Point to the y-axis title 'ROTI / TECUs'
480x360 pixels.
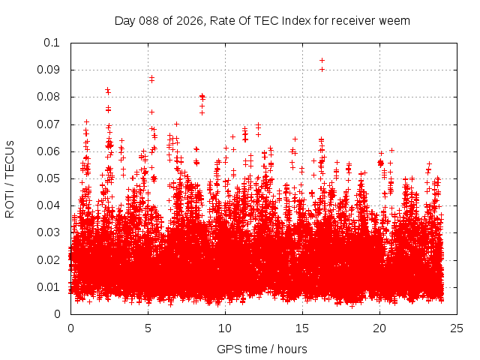pos(10,178)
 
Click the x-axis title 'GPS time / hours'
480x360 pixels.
pos(262,349)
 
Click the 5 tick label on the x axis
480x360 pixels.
pos(148,328)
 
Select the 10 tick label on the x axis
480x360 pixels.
pos(225,328)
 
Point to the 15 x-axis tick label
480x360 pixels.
pos(302,328)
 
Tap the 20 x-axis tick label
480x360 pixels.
pos(379,328)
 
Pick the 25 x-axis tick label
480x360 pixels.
pos(457,328)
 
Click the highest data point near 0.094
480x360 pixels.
pos(322,60)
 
